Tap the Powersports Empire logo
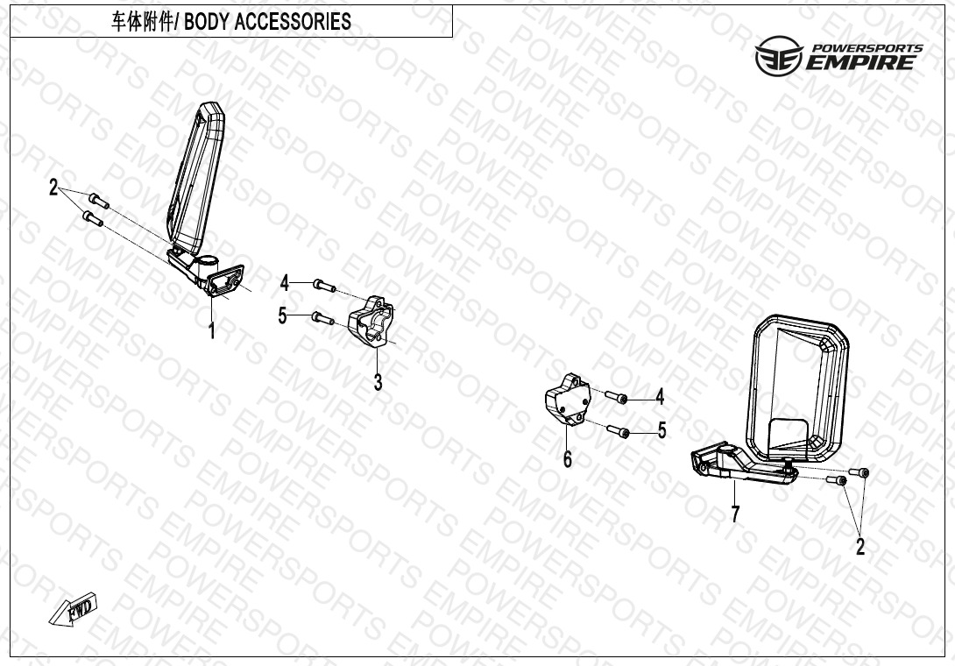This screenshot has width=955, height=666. pyautogui.click(x=838, y=55)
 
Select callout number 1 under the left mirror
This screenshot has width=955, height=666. pyautogui.click(x=212, y=331)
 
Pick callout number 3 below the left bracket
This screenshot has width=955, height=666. pyautogui.click(x=378, y=382)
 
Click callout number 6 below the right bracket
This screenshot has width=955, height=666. pyautogui.click(x=568, y=459)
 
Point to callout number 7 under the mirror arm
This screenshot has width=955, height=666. pyautogui.click(x=736, y=514)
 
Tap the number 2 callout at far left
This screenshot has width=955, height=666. pyautogui.click(x=53, y=187)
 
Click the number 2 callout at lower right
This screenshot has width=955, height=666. pyautogui.click(x=860, y=547)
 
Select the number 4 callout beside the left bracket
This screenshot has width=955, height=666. pyautogui.click(x=285, y=283)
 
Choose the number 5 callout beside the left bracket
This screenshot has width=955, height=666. pyautogui.click(x=282, y=315)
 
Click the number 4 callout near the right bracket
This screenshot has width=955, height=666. pyautogui.click(x=660, y=397)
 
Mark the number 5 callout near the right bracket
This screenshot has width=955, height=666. pyautogui.click(x=662, y=430)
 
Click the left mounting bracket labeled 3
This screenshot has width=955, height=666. pyautogui.click(x=371, y=321)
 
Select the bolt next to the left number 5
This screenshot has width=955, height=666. pyautogui.click(x=322, y=318)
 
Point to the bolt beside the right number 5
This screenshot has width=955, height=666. pyautogui.click(x=618, y=431)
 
